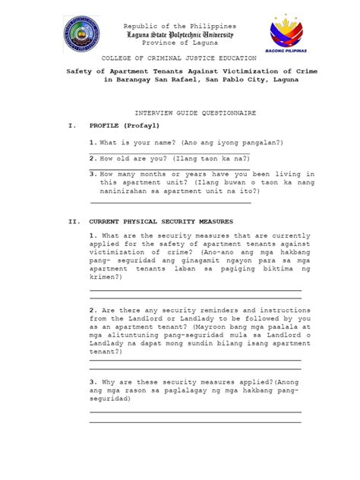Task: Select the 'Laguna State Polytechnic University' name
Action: click(x=179, y=35)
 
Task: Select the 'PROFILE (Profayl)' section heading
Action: click(x=123, y=126)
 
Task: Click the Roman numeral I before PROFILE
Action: click(x=71, y=126)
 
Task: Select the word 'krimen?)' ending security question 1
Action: click(x=109, y=278)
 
